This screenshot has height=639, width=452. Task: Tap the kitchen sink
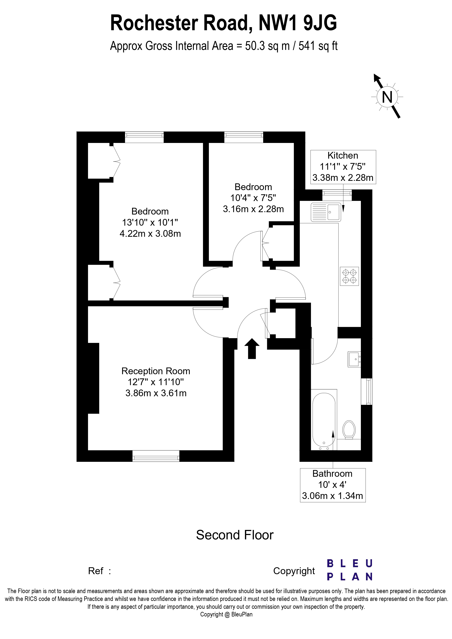[x=326, y=212]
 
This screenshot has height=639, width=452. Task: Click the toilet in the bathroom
[x=349, y=429]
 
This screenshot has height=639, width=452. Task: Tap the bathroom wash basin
[x=354, y=359]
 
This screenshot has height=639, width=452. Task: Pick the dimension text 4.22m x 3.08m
[x=150, y=233]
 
